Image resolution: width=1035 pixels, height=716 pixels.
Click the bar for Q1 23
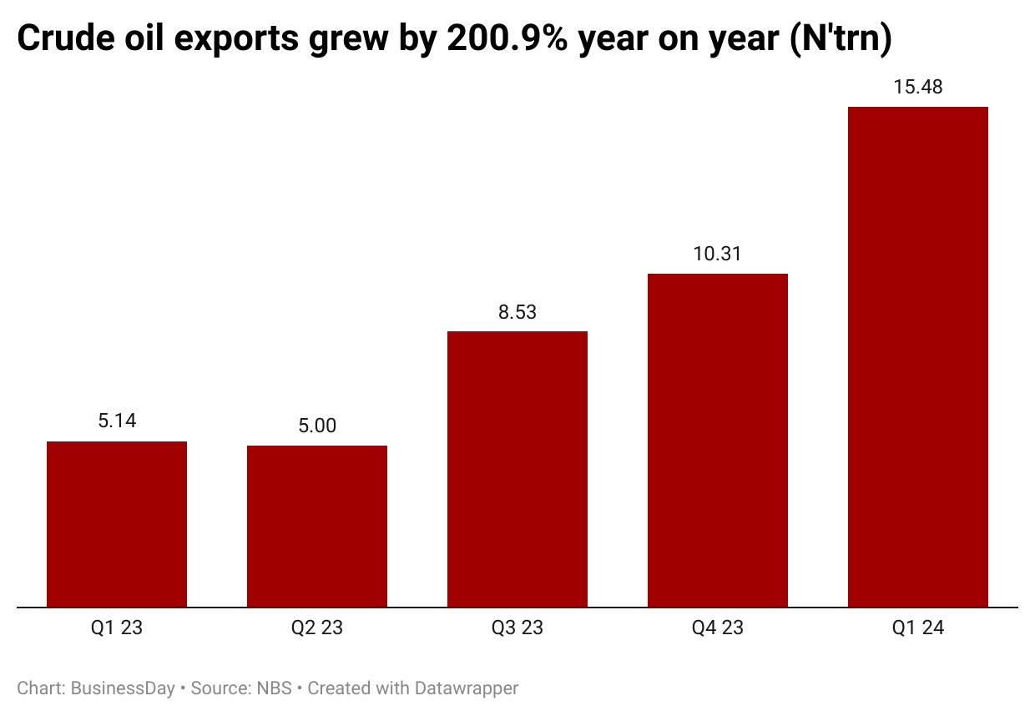click(117, 524)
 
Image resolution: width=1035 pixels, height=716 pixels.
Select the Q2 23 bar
click(317, 526)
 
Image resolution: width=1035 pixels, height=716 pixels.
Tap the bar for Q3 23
click(517, 469)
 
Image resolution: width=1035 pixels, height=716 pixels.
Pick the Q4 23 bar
click(718, 440)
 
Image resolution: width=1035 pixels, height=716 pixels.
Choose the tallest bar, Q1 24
click(918, 356)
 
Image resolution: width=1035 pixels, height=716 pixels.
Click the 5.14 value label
click(117, 421)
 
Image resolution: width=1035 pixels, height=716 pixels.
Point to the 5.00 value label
click(317, 426)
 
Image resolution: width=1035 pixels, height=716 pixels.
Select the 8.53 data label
click(517, 312)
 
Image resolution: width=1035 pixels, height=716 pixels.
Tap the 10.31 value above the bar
click(718, 254)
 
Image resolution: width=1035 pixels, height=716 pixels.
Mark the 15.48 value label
click(918, 87)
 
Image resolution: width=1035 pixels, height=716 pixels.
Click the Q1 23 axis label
click(117, 628)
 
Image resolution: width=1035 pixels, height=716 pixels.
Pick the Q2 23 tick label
click(317, 628)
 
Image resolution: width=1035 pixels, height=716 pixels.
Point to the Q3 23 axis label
click(517, 628)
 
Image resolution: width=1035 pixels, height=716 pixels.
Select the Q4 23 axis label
click(718, 628)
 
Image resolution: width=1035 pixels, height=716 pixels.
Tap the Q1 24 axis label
click(918, 628)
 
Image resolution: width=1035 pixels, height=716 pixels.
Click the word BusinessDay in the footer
click(123, 688)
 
